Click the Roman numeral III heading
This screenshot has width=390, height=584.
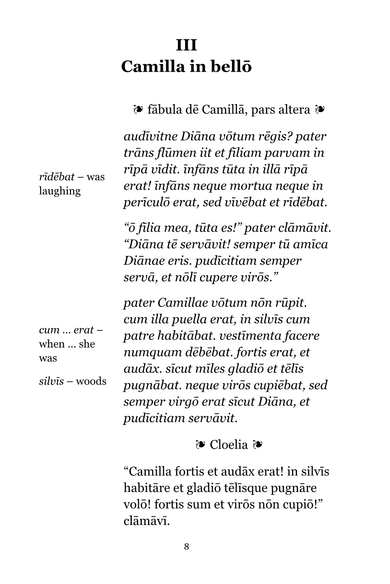click(186, 46)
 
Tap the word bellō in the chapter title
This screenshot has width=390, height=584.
click(231, 67)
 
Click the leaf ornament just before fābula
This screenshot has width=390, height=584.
click(138, 109)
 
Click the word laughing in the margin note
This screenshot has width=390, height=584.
click(60, 191)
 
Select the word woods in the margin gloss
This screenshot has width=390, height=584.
click(91, 382)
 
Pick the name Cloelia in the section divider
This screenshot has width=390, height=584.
click(229, 445)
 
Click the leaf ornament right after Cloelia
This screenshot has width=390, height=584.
click(258, 445)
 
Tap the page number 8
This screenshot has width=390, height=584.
click(186, 547)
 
